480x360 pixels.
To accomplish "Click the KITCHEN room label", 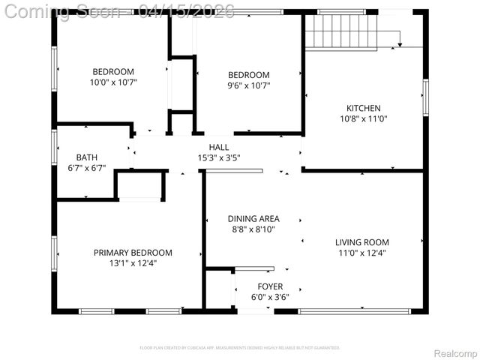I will coord(363,108).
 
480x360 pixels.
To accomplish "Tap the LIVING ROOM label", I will coord(361,242).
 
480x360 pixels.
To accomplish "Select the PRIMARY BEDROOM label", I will coord(133,253).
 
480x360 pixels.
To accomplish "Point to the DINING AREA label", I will coord(253,219).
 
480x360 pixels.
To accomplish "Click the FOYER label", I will coord(270,286).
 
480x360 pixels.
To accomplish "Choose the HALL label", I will coord(219,147).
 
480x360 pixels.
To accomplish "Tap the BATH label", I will coord(86,157).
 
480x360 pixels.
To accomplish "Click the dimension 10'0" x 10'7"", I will coord(114,82).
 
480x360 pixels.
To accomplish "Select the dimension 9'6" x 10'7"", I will coord(248,85).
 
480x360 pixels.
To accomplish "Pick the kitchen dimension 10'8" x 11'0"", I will coord(363,118).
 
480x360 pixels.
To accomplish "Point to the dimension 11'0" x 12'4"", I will coord(361,253).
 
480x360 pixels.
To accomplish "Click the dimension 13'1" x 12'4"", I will coord(133,263).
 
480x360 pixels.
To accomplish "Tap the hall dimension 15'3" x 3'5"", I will coord(219,157).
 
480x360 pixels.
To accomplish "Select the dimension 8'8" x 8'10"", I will coord(253,229).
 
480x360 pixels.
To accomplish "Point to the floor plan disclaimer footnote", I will coord(240,348).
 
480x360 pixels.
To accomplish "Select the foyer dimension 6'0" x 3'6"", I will coord(270,297).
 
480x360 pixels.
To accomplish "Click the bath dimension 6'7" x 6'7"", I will coord(86,168).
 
